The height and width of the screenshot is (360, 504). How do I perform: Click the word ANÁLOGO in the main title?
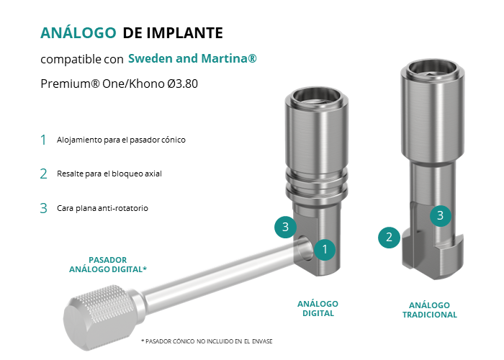(x=78, y=32)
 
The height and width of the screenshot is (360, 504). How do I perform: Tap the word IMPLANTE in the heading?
(x=185, y=33)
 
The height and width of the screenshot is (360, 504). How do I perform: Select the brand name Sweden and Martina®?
(x=192, y=58)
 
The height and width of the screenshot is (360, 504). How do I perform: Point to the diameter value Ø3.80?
(x=183, y=84)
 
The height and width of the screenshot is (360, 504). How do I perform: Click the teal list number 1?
(x=43, y=140)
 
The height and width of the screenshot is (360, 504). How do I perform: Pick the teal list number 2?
(x=43, y=174)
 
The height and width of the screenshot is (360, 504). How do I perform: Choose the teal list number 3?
(x=43, y=208)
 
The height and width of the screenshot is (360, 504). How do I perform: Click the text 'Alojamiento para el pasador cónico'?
(x=121, y=140)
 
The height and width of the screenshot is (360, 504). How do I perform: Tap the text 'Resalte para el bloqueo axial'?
(x=109, y=174)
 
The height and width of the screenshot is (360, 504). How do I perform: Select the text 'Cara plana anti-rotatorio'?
(x=102, y=208)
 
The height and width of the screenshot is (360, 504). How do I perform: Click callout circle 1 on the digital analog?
(x=325, y=249)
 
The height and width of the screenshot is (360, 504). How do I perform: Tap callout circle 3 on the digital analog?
(x=285, y=227)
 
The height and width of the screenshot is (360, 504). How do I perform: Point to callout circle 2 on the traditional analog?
(x=389, y=237)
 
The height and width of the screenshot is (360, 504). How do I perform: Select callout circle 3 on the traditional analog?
(x=441, y=215)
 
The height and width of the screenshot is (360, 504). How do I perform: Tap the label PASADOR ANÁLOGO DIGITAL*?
(x=108, y=264)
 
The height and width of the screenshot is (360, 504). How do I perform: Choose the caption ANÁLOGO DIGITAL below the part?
(x=318, y=309)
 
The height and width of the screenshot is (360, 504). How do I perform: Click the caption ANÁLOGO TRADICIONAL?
(x=429, y=310)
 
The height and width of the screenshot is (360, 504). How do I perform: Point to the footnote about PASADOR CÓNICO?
(x=207, y=341)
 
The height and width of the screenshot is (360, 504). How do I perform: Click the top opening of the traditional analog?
(x=432, y=69)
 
